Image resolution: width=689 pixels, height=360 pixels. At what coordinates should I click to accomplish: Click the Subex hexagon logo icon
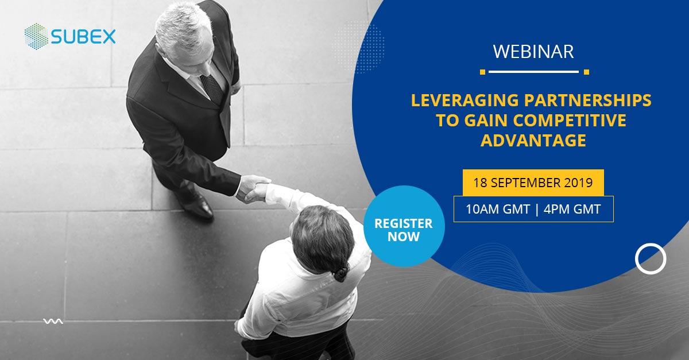coord(36,36)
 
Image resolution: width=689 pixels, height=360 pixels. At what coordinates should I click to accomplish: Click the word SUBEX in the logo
coord(83,37)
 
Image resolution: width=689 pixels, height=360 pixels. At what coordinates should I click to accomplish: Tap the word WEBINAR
coord(533,52)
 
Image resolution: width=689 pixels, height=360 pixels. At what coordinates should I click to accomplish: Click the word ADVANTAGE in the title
coord(533,140)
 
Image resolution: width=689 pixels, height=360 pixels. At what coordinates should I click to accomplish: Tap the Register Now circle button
coord(404,226)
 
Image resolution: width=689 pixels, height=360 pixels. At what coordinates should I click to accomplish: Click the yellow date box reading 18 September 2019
coord(533,183)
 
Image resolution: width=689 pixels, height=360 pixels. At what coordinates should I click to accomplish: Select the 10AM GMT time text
coord(498,209)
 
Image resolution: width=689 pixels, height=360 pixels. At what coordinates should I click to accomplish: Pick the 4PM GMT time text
coord(572,209)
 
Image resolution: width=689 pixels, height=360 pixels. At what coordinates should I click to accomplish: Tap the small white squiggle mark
coord(53,322)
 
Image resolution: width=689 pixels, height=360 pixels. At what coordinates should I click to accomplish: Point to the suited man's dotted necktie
coord(212,88)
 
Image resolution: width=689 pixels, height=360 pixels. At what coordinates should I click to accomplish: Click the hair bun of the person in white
coord(342,272)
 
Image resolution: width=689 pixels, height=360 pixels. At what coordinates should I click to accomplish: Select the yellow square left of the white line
coord(483,72)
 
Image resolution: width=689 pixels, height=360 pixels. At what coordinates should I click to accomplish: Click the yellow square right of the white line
coord(587,72)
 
